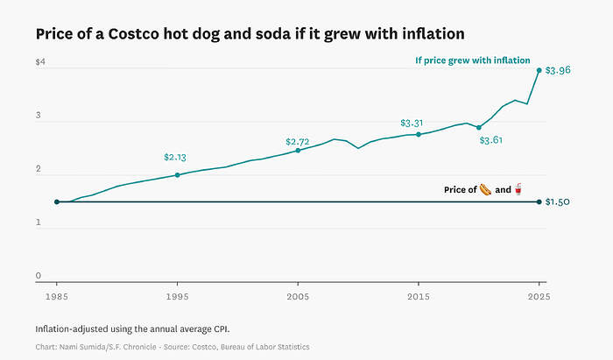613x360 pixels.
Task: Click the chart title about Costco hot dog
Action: click(x=250, y=33)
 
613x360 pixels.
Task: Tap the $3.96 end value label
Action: click(x=558, y=70)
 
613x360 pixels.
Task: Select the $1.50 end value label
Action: click(x=558, y=202)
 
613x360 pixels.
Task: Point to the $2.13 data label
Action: click(x=176, y=158)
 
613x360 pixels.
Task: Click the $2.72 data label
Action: click(x=298, y=142)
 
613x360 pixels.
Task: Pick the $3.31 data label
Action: click(x=412, y=124)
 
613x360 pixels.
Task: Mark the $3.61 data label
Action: click(x=491, y=140)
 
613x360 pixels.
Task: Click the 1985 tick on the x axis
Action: click(x=57, y=296)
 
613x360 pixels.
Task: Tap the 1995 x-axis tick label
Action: click(x=177, y=296)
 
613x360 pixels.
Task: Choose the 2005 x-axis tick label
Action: click(x=298, y=296)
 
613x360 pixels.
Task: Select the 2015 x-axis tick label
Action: click(x=419, y=296)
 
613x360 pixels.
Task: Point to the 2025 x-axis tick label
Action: click(x=538, y=296)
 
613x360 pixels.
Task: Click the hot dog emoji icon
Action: click(x=485, y=189)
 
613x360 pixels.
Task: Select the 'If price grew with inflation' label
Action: click(x=472, y=60)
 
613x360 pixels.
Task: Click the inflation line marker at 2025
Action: click(x=539, y=70)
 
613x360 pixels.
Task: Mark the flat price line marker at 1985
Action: click(x=57, y=202)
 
